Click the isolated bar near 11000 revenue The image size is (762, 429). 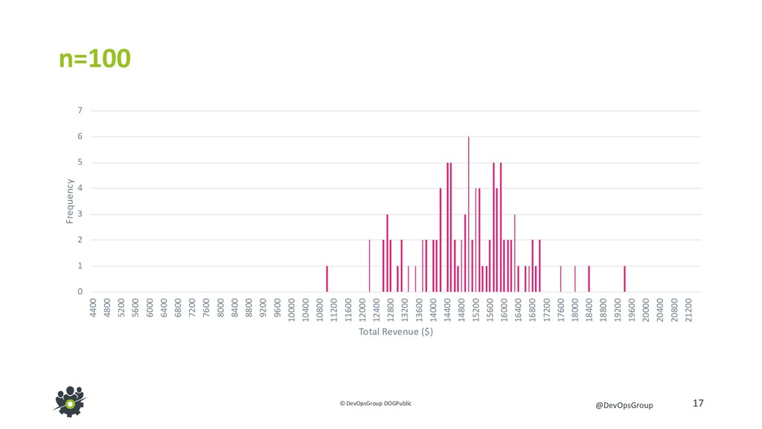(327, 279)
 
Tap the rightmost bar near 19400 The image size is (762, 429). (624, 279)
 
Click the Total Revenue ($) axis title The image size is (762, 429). (395, 331)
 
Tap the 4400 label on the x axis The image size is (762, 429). (93, 308)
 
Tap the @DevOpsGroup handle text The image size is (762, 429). (624, 404)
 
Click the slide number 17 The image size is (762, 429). (697, 403)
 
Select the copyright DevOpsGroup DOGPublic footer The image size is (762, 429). (375, 403)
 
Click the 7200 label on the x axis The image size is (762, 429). (193, 308)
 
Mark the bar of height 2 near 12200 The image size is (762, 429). (369, 266)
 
